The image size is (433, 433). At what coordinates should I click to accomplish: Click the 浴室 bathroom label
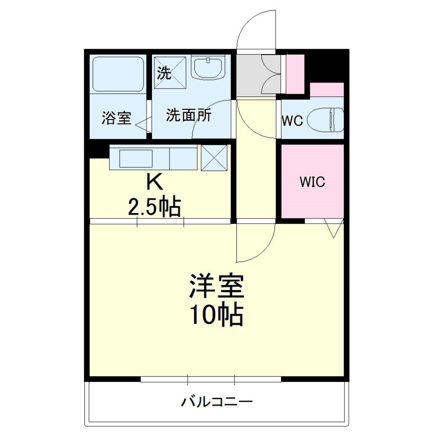[x=116, y=119]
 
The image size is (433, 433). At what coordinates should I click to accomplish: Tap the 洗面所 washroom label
[x=189, y=116]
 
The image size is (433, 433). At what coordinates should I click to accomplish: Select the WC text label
[x=292, y=121]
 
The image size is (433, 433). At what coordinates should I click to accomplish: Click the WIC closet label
[x=313, y=182]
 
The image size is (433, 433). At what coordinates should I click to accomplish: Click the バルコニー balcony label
[x=217, y=401]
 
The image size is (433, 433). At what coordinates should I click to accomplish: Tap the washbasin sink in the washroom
[x=208, y=69]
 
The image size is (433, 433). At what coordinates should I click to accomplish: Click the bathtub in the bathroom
[x=118, y=74]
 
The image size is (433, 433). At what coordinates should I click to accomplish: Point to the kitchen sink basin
[x=136, y=158]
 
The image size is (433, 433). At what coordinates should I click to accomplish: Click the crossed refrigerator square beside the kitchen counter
[x=213, y=158]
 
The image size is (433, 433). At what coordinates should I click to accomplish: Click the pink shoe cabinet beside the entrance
[x=295, y=74]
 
